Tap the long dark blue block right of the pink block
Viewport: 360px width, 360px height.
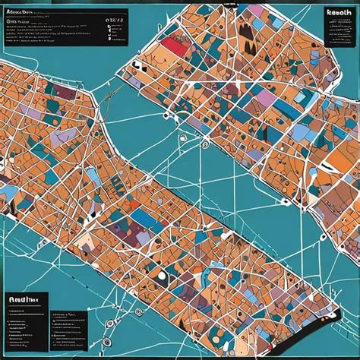pyautogui.click(x=288, y=110)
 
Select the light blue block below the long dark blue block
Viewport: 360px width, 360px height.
pyautogui.click(x=300, y=133)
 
